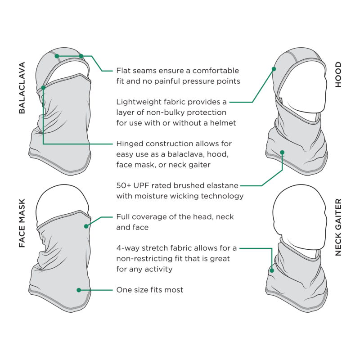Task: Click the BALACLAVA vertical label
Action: (22, 88)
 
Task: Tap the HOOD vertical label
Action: (338, 74)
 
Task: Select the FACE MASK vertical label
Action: (22, 223)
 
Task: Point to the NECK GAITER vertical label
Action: (338, 227)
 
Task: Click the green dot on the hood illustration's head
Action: (274, 69)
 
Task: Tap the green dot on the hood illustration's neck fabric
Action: (283, 153)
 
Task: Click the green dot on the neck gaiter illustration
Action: (272, 270)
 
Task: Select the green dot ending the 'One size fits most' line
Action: (79, 290)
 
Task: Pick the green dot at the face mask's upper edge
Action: (86, 226)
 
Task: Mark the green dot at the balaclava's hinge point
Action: (43, 88)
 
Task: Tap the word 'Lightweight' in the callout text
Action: (137, 102)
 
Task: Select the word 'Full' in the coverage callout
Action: (123, 217)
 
